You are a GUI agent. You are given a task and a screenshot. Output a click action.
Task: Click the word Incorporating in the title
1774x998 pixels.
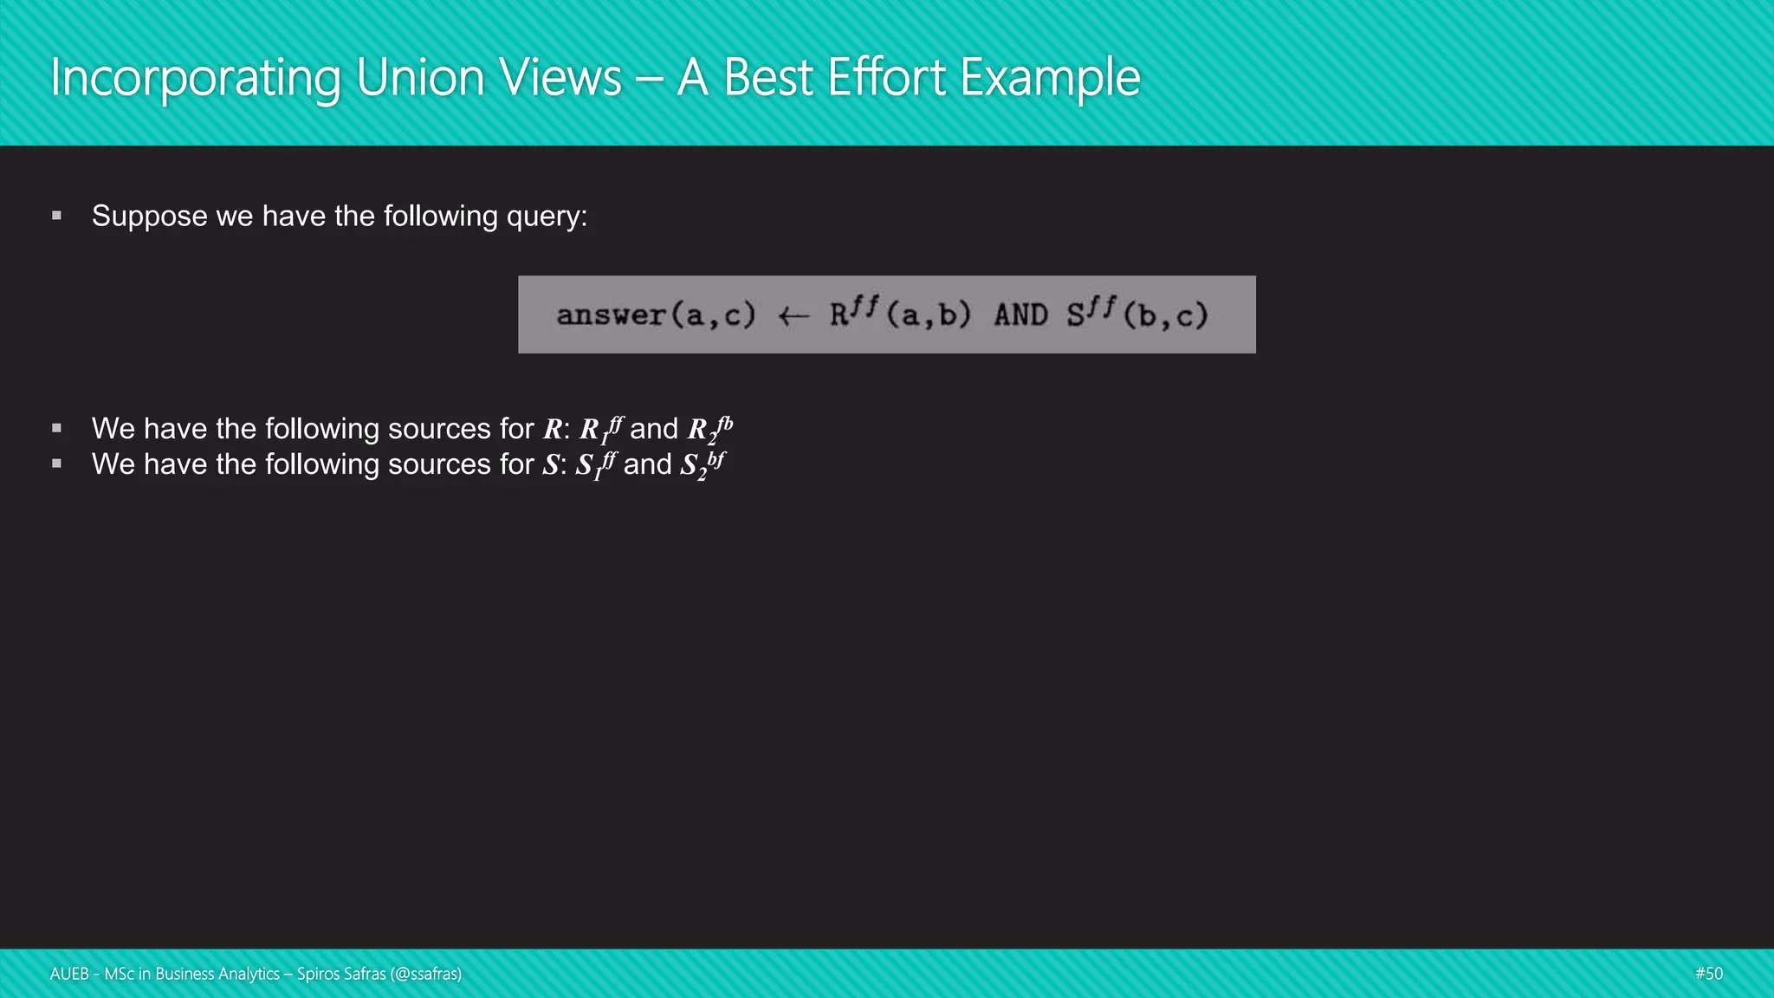195,78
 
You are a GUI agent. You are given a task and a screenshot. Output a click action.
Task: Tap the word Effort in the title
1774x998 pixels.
886,78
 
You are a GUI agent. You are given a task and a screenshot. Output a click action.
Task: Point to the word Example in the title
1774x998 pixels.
1050,78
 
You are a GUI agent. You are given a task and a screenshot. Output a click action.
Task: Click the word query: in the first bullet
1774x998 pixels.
547,217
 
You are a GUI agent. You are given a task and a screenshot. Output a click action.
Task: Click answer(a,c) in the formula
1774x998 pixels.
656,315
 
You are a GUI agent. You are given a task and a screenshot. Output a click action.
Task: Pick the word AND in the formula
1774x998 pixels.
1020,315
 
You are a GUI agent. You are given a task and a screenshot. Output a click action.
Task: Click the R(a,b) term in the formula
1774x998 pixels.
900,314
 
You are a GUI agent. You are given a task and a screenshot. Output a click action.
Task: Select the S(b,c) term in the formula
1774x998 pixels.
1136,314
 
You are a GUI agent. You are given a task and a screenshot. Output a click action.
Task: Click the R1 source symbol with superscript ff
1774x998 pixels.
600,429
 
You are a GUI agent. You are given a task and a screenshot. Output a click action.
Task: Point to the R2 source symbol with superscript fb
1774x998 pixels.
709,429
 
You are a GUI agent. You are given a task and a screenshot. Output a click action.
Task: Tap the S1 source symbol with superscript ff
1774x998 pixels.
596,465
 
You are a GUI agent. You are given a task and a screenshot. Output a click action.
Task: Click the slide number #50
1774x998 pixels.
1709,974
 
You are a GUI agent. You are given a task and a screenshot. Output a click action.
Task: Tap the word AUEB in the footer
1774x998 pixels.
69,974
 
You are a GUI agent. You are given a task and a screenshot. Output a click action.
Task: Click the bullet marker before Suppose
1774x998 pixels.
57,216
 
